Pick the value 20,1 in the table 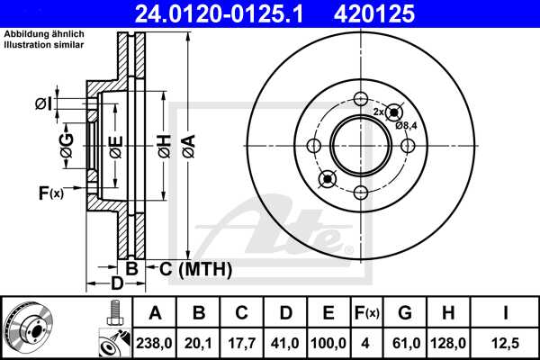pyautogui.click(x=199, y=343)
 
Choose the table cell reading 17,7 pyautogui.click(x=242, y=343)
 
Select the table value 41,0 pyautogui.click(x=285, y=343)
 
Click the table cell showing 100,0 pyautogui.click(x=328, y=343)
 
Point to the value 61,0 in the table pyautogui.click(x=405, y=343)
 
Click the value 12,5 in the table pyautogui.click(x=506, y=343)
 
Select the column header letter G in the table pyautogui.click(x=405, y=313)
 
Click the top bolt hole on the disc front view pyautogui.click(x=360, y=100)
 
